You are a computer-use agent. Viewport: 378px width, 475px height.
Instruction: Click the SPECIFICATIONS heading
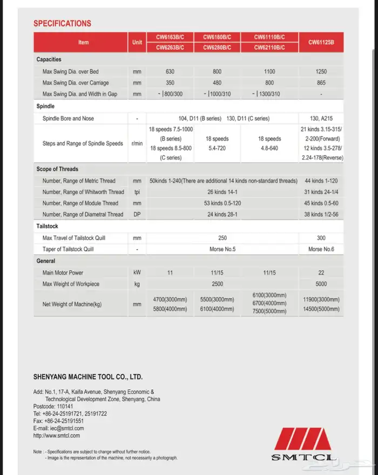[62, 24]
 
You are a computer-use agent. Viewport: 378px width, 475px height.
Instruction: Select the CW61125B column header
[321, 42]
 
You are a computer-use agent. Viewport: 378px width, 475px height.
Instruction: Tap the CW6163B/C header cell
[170, 37]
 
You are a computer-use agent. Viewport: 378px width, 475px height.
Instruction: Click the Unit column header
[137, 42]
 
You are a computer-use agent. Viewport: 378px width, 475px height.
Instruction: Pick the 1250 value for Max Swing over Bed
[321, 72]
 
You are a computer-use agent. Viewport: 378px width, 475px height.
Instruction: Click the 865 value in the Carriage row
[321, 83]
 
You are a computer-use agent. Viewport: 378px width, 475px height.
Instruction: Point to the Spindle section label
[45, 107]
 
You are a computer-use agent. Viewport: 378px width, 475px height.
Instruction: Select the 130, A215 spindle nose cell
[321, 119]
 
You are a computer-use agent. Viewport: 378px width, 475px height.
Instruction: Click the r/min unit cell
[137, 144]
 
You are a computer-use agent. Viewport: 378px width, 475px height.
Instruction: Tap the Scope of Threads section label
[58, 169]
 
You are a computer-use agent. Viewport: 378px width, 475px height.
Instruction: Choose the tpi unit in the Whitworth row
[137, 192]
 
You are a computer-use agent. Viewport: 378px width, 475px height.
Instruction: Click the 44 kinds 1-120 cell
[321, 181]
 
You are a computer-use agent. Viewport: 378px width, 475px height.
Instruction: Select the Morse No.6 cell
[321, 250]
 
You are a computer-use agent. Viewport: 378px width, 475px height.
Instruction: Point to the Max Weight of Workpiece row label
[71, 284]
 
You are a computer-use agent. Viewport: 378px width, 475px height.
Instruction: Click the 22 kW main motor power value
[321, 273]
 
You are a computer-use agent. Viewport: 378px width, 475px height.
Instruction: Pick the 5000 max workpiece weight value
[321, 284]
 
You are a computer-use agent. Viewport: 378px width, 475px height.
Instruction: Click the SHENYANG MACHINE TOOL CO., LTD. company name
[87, 377]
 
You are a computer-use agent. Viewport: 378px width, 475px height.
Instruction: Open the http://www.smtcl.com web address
[57, 435]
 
